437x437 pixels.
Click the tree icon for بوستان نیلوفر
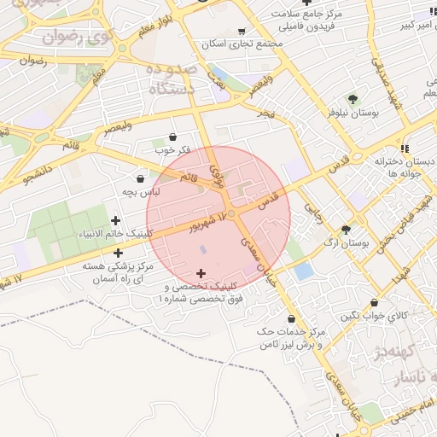tap(353, 99)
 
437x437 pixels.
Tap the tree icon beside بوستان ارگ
tap(346, 230)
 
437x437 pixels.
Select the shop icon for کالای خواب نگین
tap(375, 302)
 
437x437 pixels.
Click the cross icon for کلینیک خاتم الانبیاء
tap(116, 221)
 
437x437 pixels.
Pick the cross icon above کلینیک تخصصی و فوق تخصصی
tap(201, 273)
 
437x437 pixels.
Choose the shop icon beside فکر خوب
tap(173, 137)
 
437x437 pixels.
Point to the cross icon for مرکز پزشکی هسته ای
tap(118, 253)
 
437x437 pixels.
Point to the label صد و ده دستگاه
tap(171, 78)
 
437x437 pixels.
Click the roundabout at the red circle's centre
tap(231, 213)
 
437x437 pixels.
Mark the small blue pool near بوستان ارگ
tap(304, 271)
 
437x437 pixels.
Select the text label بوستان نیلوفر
tap(352, 113)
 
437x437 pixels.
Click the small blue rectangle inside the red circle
tap(202, 249)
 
